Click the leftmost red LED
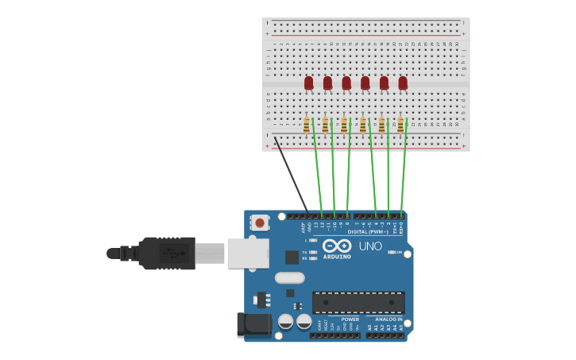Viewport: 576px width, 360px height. (308, 82)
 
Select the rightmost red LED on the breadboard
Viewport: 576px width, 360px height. (403, 82)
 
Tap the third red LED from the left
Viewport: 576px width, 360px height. (346, 82)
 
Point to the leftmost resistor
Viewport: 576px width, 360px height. (307, 125)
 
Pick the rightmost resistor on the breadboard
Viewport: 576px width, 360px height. (400, 125)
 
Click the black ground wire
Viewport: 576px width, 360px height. (291, 175)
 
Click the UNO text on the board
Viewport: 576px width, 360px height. (370, 246)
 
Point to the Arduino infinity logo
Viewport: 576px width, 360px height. (337, 246)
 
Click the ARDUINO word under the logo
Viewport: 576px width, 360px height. (337, 257)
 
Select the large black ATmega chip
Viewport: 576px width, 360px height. (358, 302)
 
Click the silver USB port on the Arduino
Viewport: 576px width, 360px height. (248, 253)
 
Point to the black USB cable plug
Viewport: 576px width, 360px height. (167, 253)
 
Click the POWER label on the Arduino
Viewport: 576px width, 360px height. (350, 319)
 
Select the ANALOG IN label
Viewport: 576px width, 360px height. (389, 319)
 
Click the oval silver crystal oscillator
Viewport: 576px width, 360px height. (290, 277)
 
